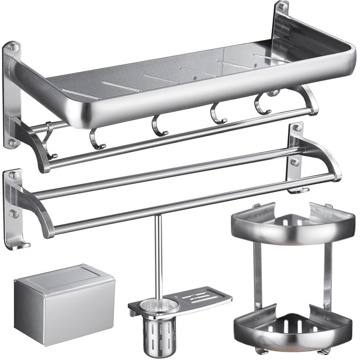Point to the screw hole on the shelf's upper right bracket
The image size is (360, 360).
(x=282, y=8)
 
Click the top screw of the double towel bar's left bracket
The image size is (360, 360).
(x=14, y=175)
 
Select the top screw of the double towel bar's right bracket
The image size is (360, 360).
(x=297, y=128)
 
